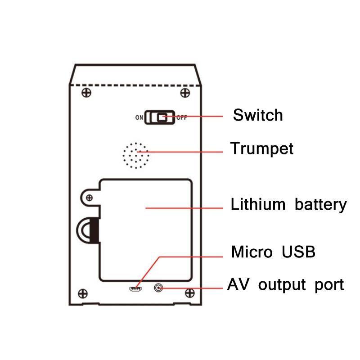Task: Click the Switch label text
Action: coord(257,115)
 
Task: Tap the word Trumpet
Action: coord(261,148)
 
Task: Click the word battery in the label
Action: coord(321,205)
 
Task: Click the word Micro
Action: coord(252,252)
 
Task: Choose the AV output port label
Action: coord(286,285)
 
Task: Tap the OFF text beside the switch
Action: coord(182,118)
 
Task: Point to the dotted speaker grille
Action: coord(136,156)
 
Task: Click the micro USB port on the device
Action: coord(136,288)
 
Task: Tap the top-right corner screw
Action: coord(184,93)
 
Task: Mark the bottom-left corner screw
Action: coord(83,293)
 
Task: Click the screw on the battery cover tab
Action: coord(90,197)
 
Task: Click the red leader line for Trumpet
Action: coord(189,152)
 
